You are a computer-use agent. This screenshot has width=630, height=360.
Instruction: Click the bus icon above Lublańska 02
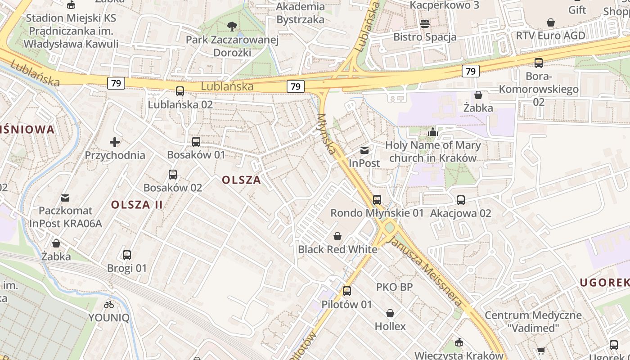180,91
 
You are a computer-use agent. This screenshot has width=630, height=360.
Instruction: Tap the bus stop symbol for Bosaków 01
196,142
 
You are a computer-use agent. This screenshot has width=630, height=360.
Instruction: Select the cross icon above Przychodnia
115,142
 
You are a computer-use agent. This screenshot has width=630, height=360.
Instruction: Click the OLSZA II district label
137,204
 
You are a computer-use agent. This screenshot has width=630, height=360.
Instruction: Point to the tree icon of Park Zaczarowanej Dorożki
232,27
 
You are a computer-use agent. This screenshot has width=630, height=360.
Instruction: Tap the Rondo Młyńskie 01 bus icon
377,199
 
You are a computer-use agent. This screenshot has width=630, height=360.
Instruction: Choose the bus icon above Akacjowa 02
461,200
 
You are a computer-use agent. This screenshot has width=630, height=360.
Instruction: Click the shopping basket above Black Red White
337,236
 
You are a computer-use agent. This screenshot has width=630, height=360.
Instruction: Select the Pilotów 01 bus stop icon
347,291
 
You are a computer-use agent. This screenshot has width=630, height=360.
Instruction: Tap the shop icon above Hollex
390,313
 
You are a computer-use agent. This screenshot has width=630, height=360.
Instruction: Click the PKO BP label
394,287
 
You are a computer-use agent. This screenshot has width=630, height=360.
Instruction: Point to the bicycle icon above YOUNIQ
109,305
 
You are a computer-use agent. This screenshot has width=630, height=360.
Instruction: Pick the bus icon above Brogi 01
127,255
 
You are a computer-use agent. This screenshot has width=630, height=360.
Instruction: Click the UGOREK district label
604,283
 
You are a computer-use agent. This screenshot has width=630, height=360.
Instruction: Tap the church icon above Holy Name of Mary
433,132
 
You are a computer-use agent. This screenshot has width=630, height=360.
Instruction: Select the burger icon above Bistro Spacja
425,24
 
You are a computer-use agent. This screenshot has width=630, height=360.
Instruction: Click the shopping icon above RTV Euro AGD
550,22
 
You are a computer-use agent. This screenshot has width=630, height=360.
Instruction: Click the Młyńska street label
327,134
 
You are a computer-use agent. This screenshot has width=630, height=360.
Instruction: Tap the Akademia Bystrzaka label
300,13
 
